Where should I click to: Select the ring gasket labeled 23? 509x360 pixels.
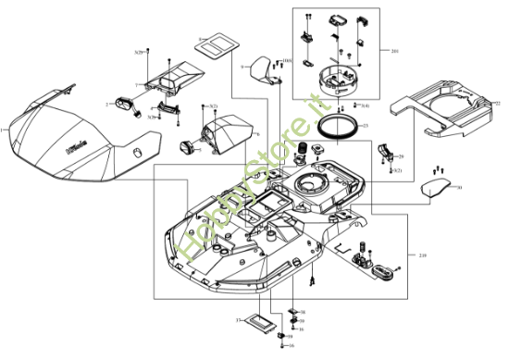tap(334, 127)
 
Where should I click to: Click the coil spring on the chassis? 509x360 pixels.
tap(302, 150)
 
